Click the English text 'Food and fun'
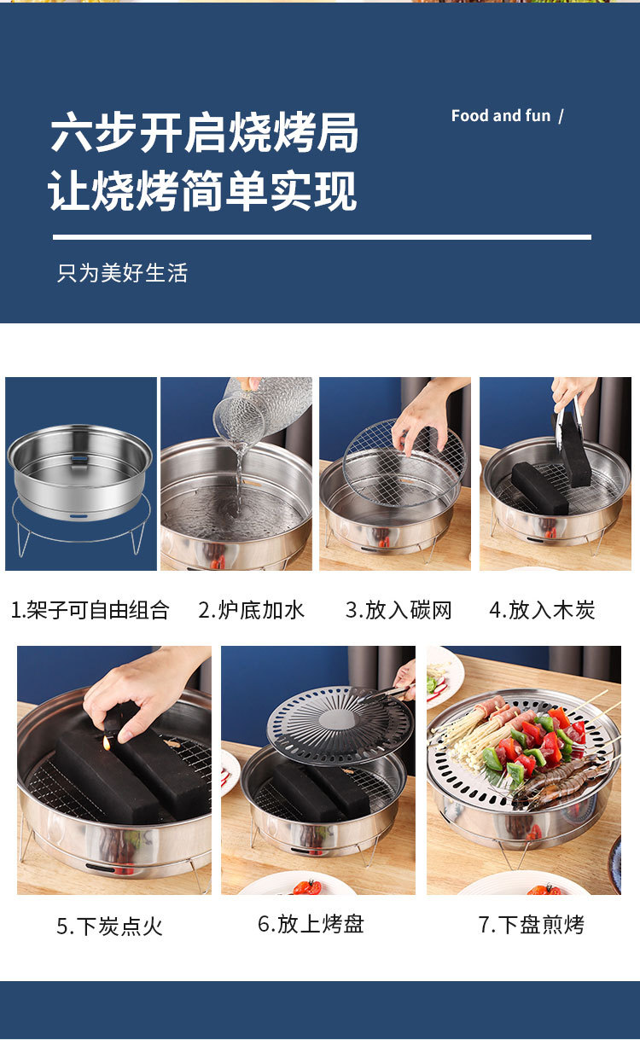501,116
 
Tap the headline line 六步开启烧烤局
204,132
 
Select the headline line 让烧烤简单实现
202,191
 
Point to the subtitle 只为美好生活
123,273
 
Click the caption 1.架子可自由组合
90,610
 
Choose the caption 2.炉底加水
251,610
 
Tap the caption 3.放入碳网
399,610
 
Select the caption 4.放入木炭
542,610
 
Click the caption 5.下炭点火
109,927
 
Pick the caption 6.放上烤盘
311,923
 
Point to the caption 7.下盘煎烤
532,924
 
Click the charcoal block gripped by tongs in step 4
574,450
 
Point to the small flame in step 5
108,744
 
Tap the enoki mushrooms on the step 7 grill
469,737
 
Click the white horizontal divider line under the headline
322,237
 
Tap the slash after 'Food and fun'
561,116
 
